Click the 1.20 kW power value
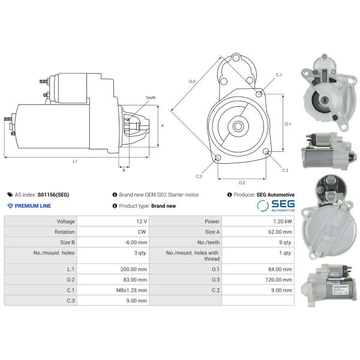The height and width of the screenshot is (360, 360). click(283, 221)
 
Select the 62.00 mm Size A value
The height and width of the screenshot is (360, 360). click(280, 232)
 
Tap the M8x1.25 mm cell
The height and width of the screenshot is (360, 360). click(131, 290)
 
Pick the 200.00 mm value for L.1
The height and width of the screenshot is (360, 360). click(134, 269)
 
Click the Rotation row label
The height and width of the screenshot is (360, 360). click(65, 232)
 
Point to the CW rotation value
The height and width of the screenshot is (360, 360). click(142, 232)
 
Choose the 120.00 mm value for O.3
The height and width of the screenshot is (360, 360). click(279, 280)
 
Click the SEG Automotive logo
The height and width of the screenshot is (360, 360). click(276, 205)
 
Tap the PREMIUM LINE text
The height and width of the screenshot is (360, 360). click(29, 206)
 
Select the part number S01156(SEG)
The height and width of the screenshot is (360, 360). click(53, 194)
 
